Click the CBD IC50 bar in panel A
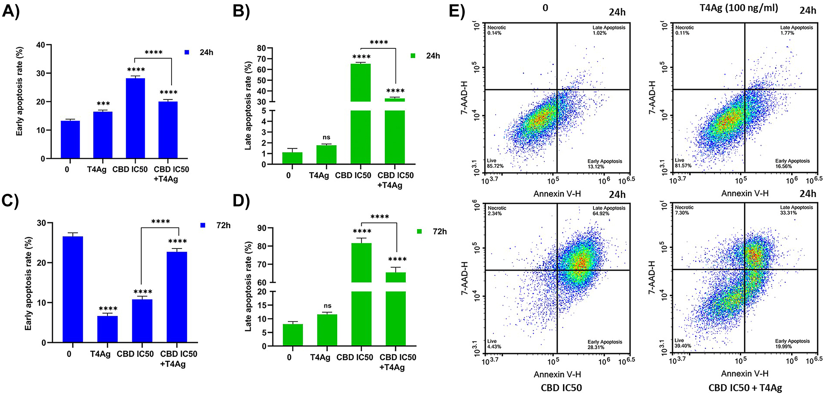tap(135, 118)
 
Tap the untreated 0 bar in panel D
tap(293, 334)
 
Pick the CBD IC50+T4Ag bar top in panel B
tap(395, 100)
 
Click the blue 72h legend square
tap(203, 225)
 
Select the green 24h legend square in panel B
tap(413, 56)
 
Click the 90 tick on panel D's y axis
tap(262, 228)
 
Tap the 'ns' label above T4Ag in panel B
tap(327, 137)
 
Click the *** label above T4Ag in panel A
tap(103, 104)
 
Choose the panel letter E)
tap(457, 11)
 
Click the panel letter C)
tap(10, 201)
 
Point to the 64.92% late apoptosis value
tap(601, 214)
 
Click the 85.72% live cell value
tap(495, 166)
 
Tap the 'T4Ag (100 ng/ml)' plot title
tap(739, 8)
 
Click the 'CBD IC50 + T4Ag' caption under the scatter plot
tap(745, 388)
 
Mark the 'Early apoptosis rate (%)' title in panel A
tap(19, 91)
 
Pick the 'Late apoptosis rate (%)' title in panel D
tap(248, 287)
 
